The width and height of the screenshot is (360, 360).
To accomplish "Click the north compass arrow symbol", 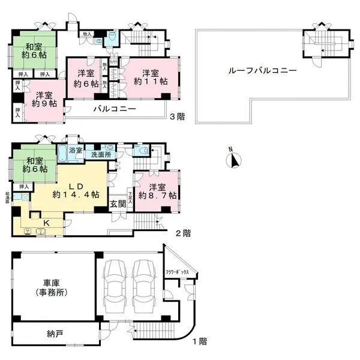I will pyautogui.click(x=235, y=160).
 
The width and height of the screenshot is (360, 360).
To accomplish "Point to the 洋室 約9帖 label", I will pyautogui.click(x=44, y=99).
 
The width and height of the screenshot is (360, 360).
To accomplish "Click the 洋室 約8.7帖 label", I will pyautogui.click(x=157, y=190).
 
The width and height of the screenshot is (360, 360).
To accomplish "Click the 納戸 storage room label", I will pyautogui.click(x=55, y=333).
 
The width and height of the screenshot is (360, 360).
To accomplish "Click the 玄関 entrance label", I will pyautogui.click(x=117, y=203).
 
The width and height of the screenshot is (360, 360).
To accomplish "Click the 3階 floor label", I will pyautogui.click(x=178, y=116).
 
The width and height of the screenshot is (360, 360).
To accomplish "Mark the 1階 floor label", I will pyautogui.click(x=199, y=342).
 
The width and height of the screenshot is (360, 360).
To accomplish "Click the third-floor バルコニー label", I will pyautogui.click(x=113, y=109).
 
